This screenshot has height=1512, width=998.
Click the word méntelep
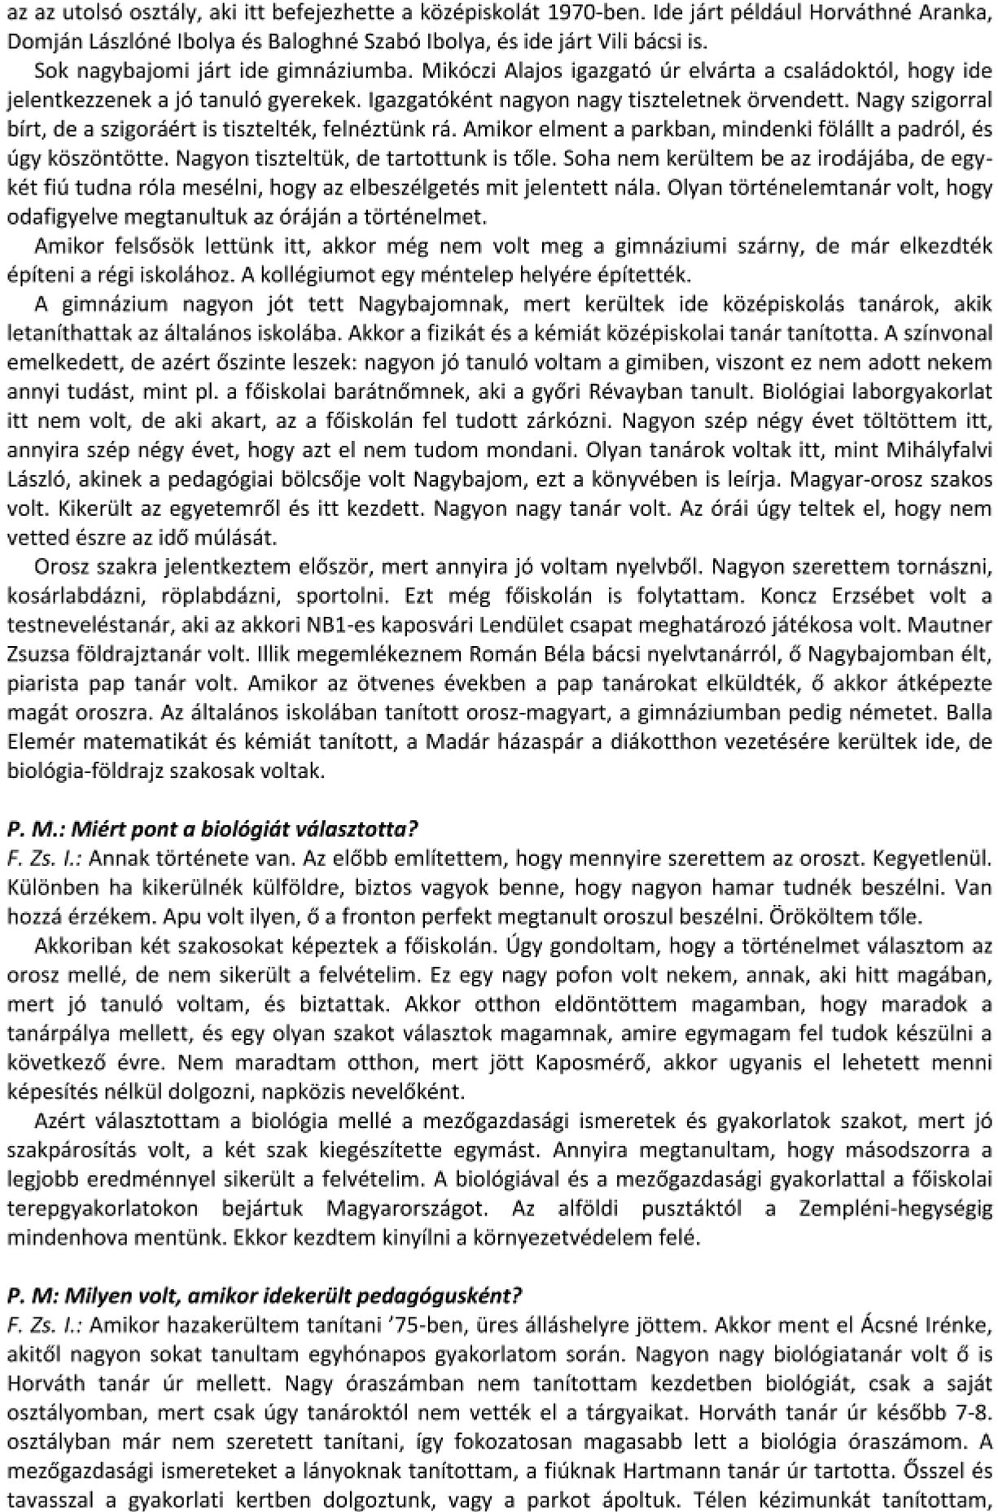[x=418, y=275]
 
